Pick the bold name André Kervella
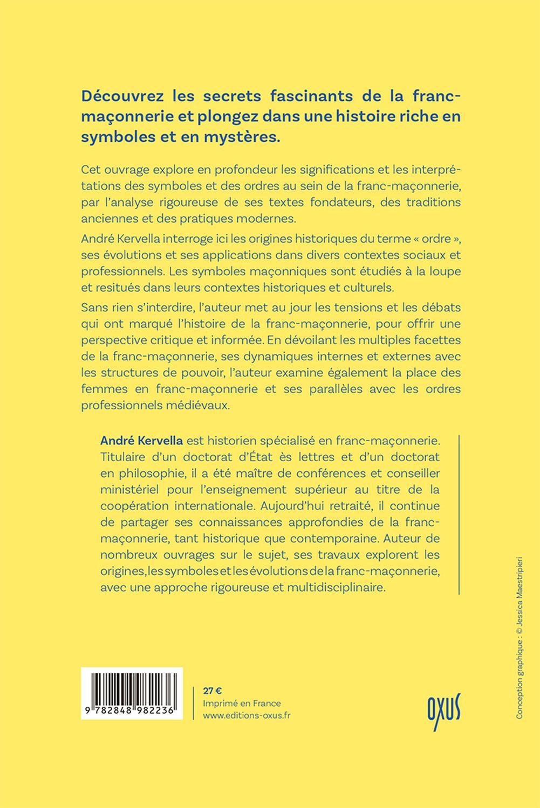coord(142,441)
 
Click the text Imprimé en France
coord(242,703)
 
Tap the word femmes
coord(104,388)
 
